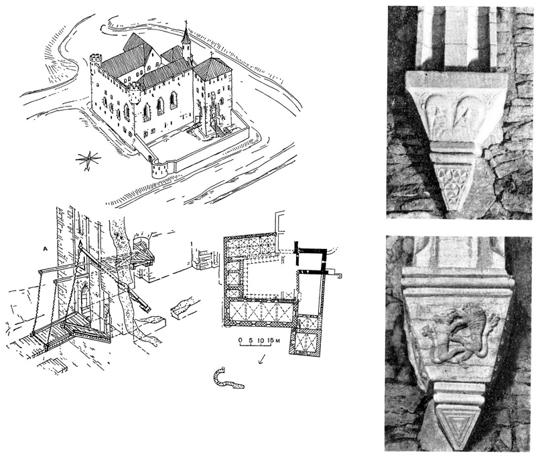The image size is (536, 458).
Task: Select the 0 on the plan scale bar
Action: tap(239, 340)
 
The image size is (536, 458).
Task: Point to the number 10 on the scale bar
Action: tap(258, 340)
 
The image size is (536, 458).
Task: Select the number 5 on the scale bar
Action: tap(249, 340)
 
